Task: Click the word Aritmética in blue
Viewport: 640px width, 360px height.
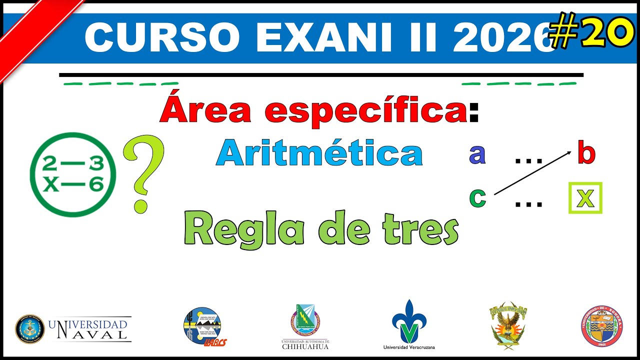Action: coord(319,153)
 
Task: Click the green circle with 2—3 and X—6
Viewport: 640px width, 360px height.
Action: coord(73,174)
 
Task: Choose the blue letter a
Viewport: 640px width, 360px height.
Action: coord(477,154)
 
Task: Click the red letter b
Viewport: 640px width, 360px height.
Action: coord(586,153)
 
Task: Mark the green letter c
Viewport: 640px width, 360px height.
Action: coord(477,197)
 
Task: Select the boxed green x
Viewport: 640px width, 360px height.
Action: coord(585,198)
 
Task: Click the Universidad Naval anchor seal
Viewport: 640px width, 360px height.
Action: coord(30,328)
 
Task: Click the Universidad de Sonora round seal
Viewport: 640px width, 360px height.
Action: coord(601,326)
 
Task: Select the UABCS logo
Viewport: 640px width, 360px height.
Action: coord(202,326)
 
